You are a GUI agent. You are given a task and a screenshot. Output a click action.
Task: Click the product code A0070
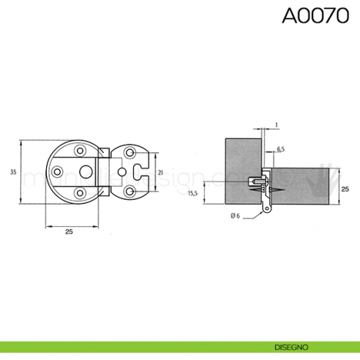click(x=315, y=16)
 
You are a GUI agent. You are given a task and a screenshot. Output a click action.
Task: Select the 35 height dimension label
click(x=12, y=172)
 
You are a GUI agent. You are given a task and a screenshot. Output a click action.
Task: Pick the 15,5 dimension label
click(x=193, y=193)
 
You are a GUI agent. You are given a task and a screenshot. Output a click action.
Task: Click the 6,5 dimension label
click(x=280, y=149)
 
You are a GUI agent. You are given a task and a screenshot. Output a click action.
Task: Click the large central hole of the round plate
click(x=86, y=172)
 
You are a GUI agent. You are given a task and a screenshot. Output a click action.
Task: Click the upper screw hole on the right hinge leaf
click(x=130, y=153)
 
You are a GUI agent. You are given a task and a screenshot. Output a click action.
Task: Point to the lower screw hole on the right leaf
click(x=130, y=191)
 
